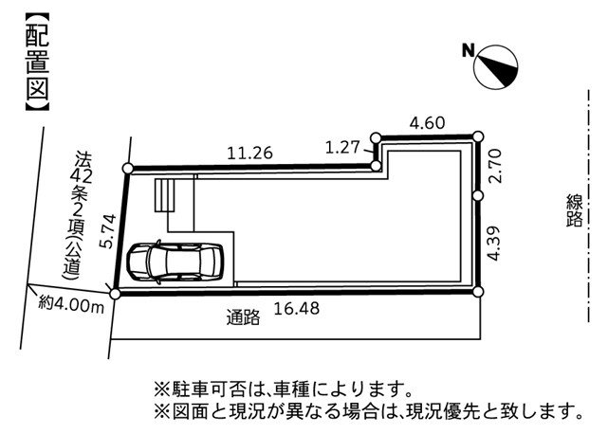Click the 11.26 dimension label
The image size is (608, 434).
click(x=249, y=154)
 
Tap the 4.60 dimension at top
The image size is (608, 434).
click(x=427, y=123)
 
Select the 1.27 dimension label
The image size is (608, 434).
click(x=342, y=147)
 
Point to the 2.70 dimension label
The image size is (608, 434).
click(x=495, y=166)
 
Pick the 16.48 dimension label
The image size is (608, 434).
click(x=297, y=309)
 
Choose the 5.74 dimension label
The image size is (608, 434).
click(x=107, y=231)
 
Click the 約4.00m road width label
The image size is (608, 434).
click(x=71, y=304)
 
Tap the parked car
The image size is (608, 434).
click(x=176, y=262)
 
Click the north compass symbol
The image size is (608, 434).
click(x=495, y=67)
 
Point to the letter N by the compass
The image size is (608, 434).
click(x=469, y=50)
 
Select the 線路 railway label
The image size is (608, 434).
click(x=574, y=210)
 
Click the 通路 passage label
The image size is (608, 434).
click(x=243, y=317)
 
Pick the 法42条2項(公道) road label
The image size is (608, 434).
click(x=80, y=215)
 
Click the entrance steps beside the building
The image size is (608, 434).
click(x=164, y=195)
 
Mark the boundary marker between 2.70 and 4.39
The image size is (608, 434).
click(x=478, y=195)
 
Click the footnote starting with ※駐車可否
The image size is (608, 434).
click(x=283, y=389)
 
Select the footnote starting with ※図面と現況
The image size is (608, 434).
click(x=369, y=412)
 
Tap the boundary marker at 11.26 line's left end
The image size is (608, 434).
click(x=128, y=169)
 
